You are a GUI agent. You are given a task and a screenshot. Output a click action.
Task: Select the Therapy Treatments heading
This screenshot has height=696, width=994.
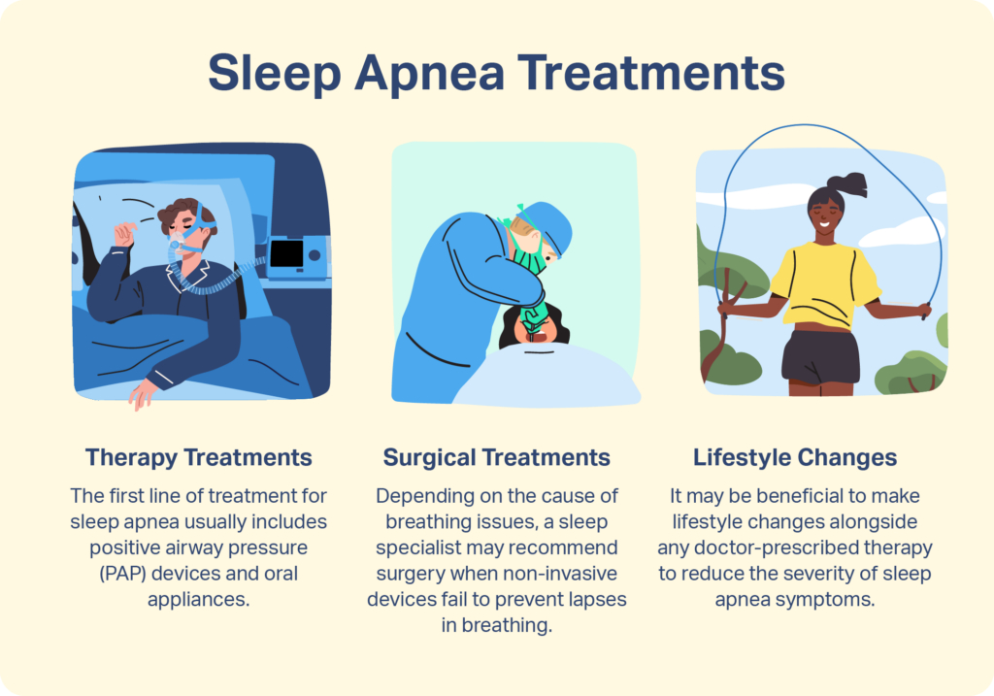(199, 457)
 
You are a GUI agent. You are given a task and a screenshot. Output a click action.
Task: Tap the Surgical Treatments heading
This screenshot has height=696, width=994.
(496, 457)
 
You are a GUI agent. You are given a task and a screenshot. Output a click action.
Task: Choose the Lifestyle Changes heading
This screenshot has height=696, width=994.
(795, 457)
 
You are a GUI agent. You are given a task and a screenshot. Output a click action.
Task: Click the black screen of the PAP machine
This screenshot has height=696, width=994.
(287, 254)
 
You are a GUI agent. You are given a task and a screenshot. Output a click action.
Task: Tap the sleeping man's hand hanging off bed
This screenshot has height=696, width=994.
(144, 393)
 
